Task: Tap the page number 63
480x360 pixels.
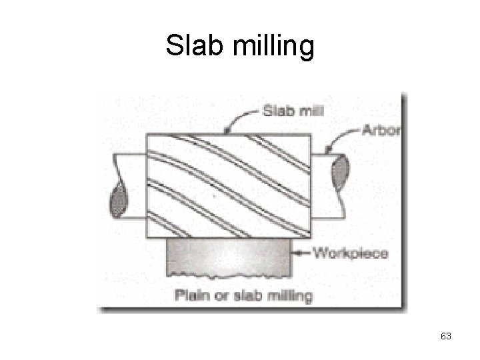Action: click(x=446, y=337)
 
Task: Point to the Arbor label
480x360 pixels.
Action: click(x=381, y=130)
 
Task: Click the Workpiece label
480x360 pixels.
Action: click(x=350, y=253)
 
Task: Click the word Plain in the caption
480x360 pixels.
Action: click(x=191, y=295)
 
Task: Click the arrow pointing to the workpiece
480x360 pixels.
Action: click(x=302, y=253)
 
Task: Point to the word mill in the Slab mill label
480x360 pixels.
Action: click(x=311, y=111)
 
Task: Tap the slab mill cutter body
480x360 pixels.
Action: click(x=229, y=186)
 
